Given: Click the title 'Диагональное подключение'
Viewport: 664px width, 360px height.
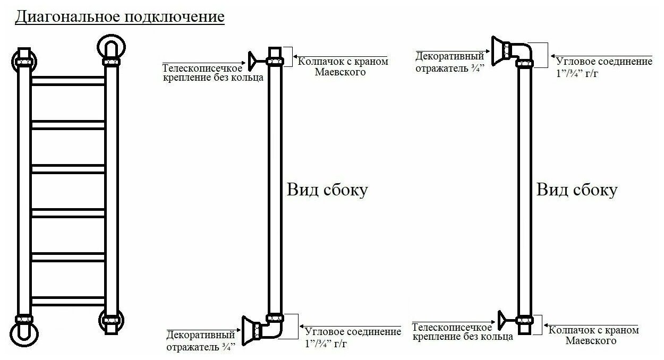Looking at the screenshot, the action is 120,17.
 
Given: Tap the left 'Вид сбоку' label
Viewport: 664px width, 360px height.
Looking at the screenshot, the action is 327,190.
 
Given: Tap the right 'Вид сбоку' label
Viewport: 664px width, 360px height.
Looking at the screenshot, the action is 577,190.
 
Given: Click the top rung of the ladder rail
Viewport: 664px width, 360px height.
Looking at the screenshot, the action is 68,80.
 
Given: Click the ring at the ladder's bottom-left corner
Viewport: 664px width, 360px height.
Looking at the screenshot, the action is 24,332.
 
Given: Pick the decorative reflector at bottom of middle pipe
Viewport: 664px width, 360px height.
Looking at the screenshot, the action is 249,329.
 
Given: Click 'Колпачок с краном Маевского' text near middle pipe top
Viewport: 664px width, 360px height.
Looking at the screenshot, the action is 343,66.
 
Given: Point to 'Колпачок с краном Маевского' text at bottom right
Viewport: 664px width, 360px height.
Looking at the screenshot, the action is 594,335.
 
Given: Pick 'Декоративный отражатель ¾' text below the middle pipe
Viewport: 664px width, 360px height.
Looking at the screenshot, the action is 201,341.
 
